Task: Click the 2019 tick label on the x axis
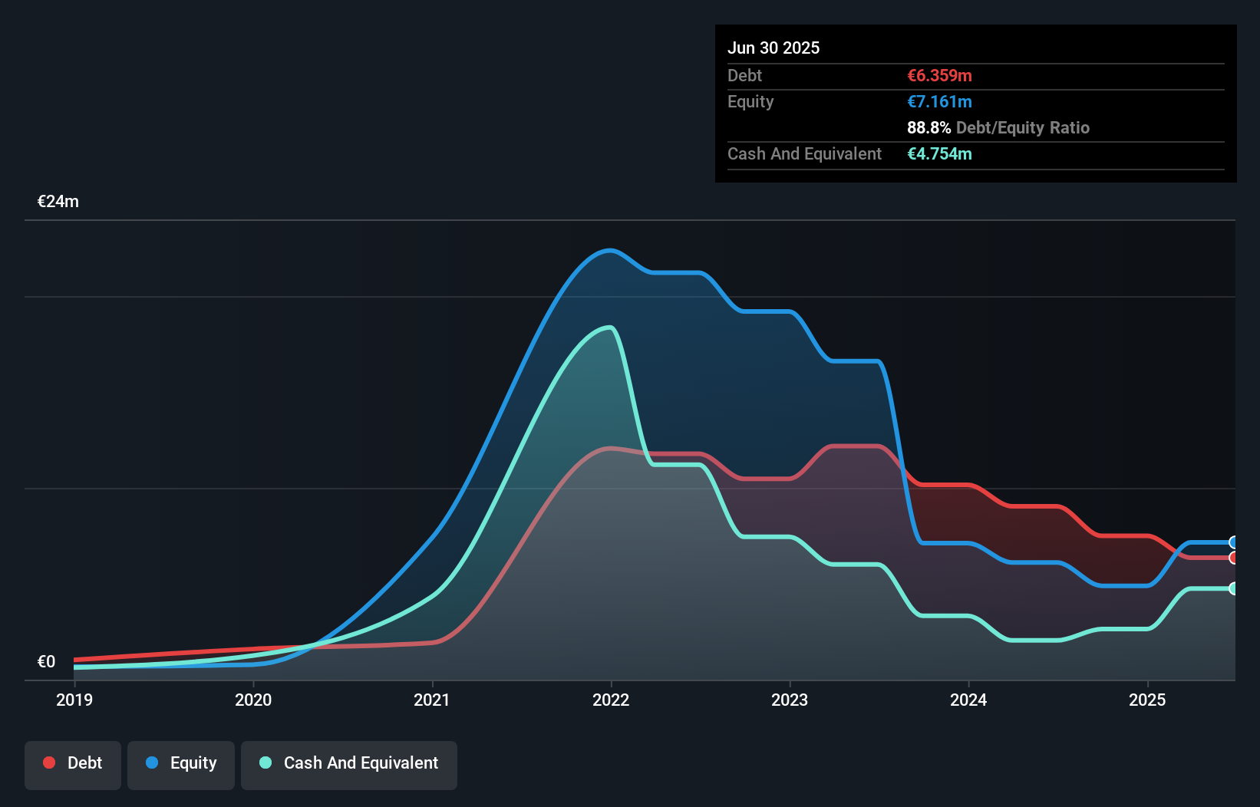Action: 74,700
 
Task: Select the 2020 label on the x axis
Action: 253,700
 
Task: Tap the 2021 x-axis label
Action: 432,700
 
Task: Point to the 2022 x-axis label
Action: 611,700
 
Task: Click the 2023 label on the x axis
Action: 790,700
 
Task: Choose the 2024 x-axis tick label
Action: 968,700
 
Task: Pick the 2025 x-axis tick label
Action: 1147,700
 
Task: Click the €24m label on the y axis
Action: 58,202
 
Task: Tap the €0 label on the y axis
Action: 46,661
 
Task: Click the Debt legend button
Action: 73,763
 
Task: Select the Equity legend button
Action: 181,763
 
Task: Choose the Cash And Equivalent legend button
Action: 349,763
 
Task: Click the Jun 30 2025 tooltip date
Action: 773,48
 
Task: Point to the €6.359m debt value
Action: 939,75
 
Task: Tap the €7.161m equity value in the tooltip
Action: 939,101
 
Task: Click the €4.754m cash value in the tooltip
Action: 939,153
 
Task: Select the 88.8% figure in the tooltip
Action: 929,127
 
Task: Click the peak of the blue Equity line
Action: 610,250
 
